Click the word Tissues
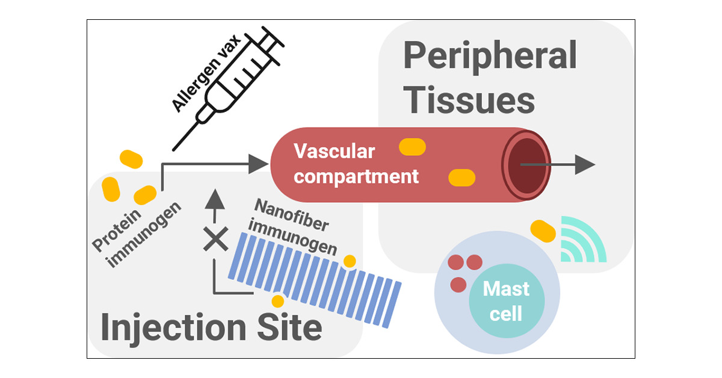pos(469,100)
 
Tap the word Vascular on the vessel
pos(335,151)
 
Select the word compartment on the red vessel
pos(356,177)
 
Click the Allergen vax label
pos(206,73)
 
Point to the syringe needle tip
pos(173,150)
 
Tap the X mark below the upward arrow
pos(215,239)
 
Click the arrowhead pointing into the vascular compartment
pos(259,164)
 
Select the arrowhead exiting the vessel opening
pos(585,164)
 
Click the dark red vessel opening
pos(526,166)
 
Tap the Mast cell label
pos(506,300)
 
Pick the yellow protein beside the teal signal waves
pos(543,231)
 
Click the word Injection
pos(173,327)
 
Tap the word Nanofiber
pos(292,215)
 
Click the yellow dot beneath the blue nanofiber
pos(277,301)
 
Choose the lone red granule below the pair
pos(458,285)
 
